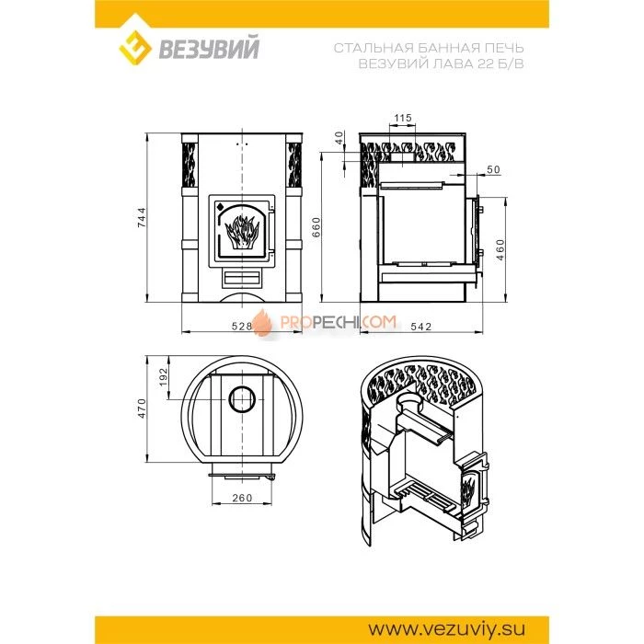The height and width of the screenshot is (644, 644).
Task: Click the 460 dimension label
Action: tap(500, 251)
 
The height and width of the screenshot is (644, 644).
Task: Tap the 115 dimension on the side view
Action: tap(400, 118)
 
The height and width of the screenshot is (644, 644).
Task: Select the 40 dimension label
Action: tap(339, 138)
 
